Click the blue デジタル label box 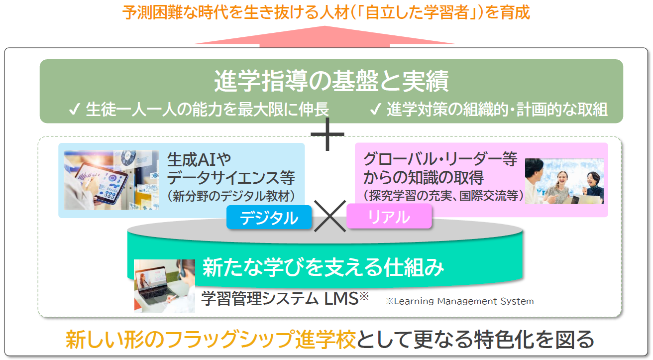click(x=269, y=218)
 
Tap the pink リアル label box click(x=389, y=217)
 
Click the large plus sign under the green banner click(x=327, y=133)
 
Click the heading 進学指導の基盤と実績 click(x=331, y=82)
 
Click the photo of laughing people click(x=564, y=181)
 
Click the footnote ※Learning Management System click(x=459, y=301)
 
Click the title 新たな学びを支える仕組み click(x=323, y=268)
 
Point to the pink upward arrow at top click(x=325, y=37)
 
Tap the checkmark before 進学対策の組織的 click(x=376, y=110)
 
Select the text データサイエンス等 click(x=231, y=177)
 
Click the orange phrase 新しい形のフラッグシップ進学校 click(x=211, y=340)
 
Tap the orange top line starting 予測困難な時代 click(x=326, y=12)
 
